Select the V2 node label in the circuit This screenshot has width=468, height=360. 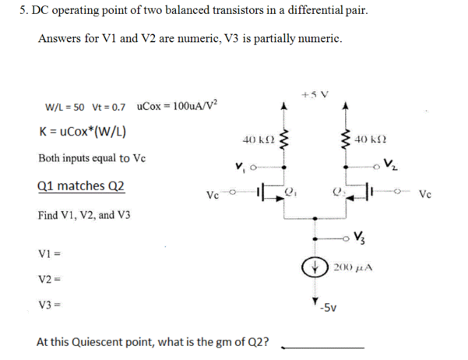click(393, 164)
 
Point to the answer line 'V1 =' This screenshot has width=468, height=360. click(48, 254)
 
